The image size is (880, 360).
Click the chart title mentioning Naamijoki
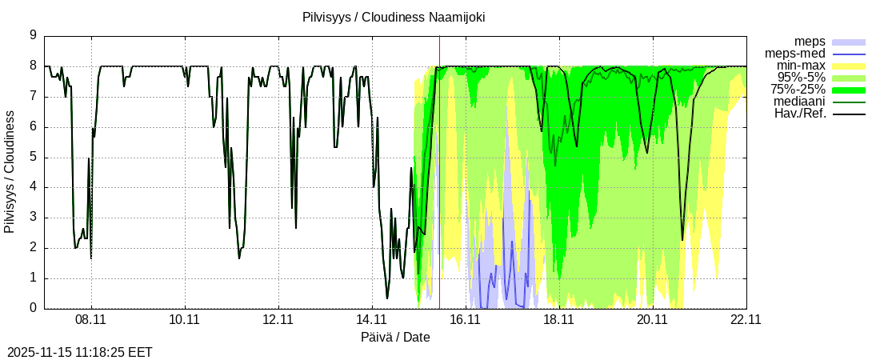point(394,17)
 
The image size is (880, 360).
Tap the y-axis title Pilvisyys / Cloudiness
point(10,172)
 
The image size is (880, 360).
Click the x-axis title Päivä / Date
point(395,337)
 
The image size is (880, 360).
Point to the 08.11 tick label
point(91,319)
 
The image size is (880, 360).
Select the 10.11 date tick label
point(185,319)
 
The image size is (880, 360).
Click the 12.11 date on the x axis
point(278,319)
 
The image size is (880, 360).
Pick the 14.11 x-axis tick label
point(372,319)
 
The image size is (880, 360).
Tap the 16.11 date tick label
point(466,319)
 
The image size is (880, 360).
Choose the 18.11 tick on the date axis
point(559,319)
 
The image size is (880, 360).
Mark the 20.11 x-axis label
point(653,319)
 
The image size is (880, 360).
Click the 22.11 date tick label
point(746,319)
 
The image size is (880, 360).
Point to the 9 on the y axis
point(33,35)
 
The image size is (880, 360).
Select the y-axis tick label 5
point(33,157)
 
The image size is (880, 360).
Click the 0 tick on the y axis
point(33,308)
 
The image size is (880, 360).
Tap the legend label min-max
point(801,65)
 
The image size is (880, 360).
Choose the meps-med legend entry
point(796,53)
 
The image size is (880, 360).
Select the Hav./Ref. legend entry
point(800,114)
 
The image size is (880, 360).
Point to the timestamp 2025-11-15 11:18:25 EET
point(79,352)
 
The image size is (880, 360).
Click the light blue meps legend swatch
point(849,41)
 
